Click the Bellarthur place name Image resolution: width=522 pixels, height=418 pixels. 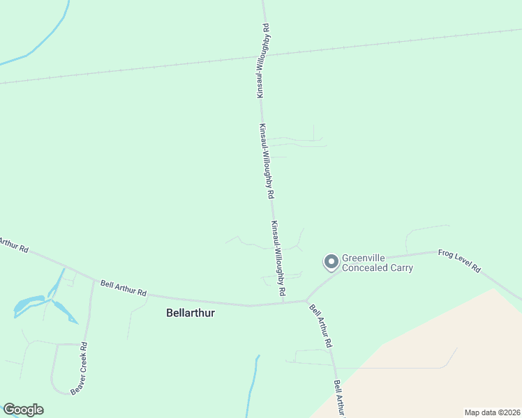tap(191, 313)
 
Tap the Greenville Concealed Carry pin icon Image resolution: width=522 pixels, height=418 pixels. tap(331, 262)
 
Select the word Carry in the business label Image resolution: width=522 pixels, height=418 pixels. tap(402, 268)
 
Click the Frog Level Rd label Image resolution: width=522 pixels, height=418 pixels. tap(459, 260)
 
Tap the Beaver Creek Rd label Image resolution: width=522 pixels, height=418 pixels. tap(78, 369)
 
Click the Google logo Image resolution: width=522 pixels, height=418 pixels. tap(23, 410)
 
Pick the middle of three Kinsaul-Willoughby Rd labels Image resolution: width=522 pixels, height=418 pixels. tap(265, 162)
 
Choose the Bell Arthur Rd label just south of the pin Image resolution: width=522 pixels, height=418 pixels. tap(320, 326)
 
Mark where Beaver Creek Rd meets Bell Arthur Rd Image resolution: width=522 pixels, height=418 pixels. tap(94, 280)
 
